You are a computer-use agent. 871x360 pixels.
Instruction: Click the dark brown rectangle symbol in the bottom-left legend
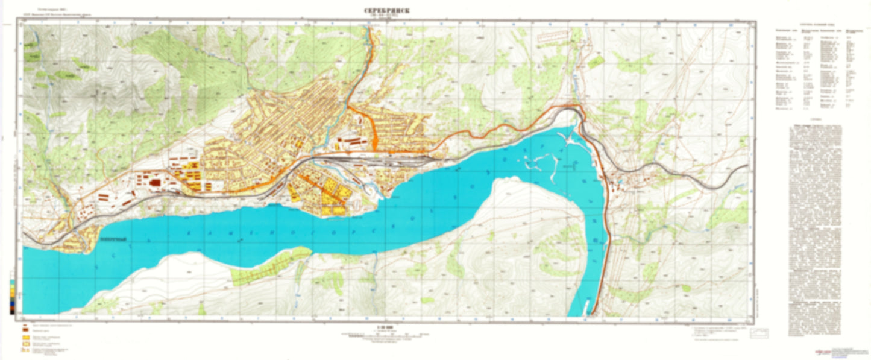[x=26, y=332]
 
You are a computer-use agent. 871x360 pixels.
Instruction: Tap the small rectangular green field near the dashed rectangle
[x=596, y=61]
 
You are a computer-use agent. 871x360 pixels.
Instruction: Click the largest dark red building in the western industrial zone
[x=156, y=182]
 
